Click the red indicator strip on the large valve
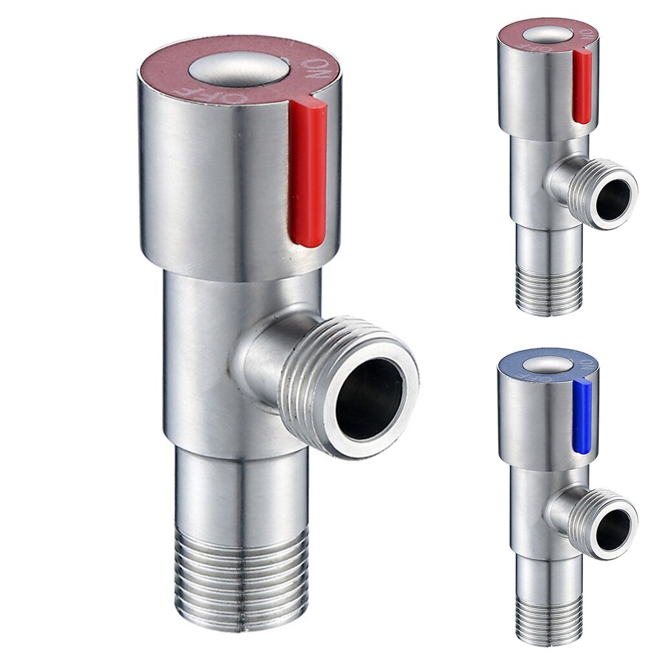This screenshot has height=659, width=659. pos(307,174)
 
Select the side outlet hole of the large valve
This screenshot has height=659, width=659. pos(370,398)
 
